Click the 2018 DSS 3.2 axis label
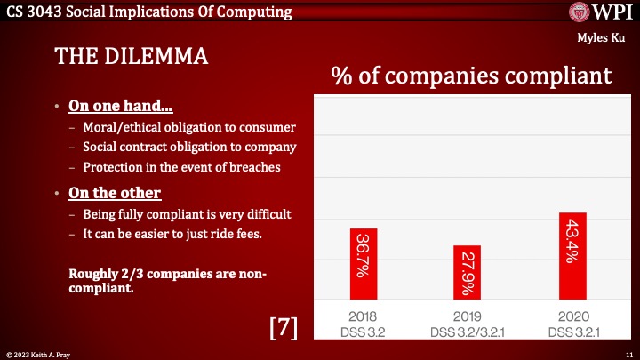[x=363, y=324]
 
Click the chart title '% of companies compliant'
[x=471, y=75]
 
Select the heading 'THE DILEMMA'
[x=131, y=56]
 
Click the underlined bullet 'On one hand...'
[x=121, y=108]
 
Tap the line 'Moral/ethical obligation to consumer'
[x=189, y=127]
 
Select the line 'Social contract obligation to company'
[x=189, y=147]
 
